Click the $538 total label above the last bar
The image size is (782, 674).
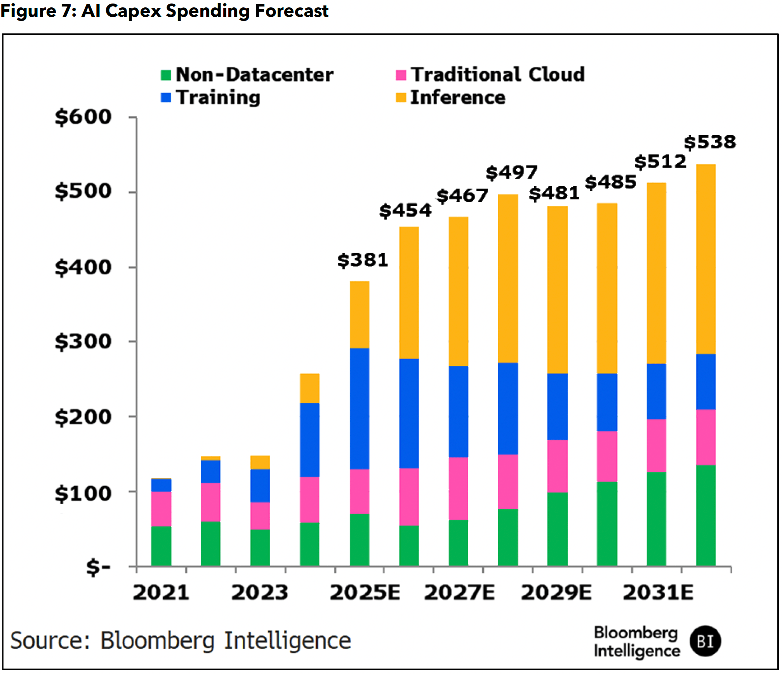(709, 142)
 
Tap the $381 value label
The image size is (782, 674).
(363, 260)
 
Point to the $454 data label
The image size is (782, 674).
(405, 211)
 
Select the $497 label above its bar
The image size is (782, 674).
(511, 172)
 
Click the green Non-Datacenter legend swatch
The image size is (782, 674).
(166, 75)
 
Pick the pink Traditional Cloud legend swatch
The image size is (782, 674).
(401, 75)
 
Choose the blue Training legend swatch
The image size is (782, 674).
(166, 98)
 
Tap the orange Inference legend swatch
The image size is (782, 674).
(401, 98)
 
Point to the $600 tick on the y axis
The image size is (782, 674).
(83, 117)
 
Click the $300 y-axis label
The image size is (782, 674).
(83, 342)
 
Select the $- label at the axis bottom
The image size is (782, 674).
(98, 567)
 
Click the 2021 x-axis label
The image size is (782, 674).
(161, 593)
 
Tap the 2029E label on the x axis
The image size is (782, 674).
(556, 593)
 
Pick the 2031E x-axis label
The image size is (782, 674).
(658, 593)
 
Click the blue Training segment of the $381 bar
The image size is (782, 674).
(359, 408)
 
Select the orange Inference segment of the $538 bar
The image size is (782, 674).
(706, 259)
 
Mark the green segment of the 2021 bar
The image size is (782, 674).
(161, 546)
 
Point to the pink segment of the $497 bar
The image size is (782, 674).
(507, 481)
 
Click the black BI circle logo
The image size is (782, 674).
(705, 641)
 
